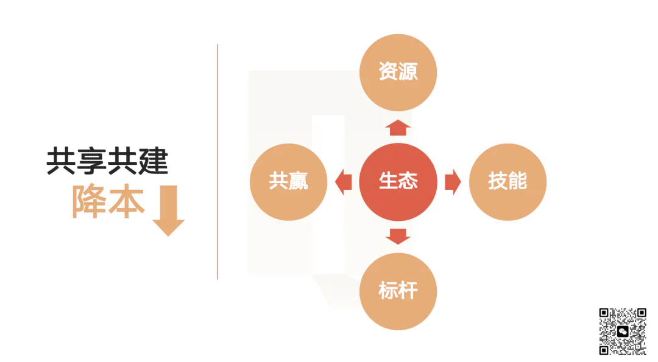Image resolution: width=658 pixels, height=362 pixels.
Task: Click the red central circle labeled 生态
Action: point(398,182)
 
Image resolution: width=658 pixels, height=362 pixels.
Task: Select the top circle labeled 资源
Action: point(398,72)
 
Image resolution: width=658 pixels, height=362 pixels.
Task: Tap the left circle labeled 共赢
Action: point(288,182)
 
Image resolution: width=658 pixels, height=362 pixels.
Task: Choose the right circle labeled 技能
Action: point(508,182)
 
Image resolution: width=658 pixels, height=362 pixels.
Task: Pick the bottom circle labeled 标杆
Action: point(398,291)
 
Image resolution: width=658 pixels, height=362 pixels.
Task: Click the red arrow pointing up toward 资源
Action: point(398,127)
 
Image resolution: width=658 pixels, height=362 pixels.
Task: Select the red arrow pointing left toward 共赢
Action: point(343,182)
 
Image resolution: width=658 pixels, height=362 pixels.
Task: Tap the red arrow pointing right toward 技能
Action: point(453,182)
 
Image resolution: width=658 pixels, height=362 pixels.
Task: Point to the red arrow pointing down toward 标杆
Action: point(398,237)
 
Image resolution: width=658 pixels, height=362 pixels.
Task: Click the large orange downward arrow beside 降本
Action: point(169,211)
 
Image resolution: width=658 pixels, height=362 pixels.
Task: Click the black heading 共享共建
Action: point(107,161)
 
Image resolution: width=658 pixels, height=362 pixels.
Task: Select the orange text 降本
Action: point(108,201)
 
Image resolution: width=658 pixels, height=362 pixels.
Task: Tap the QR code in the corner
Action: point(622,332)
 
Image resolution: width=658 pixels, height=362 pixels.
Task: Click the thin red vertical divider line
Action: point(218,162)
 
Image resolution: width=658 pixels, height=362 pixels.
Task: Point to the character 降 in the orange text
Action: point(89,201)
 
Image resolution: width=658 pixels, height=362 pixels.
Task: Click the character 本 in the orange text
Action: point(127,201)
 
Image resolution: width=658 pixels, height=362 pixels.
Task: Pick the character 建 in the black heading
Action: point(154,161)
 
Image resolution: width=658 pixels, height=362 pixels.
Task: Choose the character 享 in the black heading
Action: point(92,161)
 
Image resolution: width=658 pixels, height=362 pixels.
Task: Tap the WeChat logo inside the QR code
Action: point(623,332)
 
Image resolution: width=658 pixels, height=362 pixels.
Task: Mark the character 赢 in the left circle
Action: point(299,181)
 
